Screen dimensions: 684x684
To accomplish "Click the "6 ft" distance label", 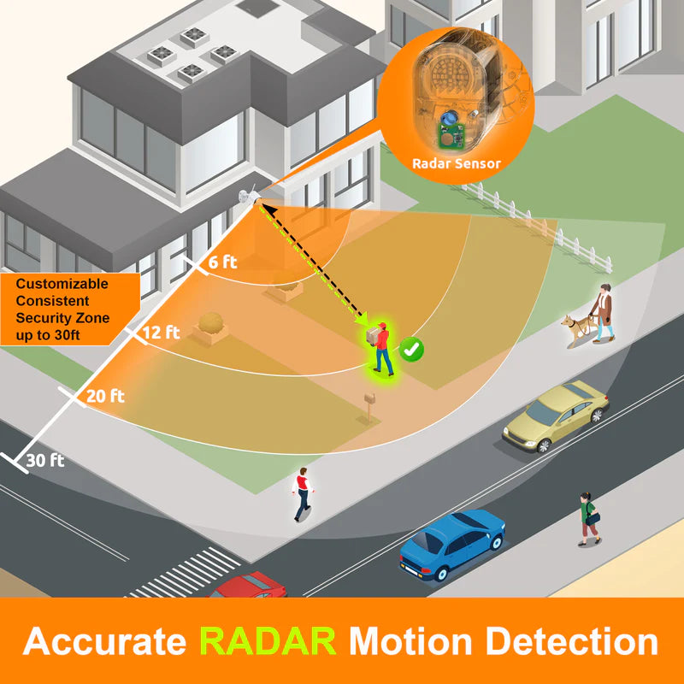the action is tap(222, 262).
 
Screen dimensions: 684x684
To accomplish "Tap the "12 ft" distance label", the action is tap(161, 333).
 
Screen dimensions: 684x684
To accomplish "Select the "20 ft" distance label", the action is tap(105, 396).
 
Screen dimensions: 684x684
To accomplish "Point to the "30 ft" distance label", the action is tap(45, 460).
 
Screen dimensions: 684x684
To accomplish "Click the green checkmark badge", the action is tap(411, 349).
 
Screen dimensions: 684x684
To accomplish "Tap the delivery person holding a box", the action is tap(380, 349).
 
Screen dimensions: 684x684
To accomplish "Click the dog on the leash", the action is tap(576, 330).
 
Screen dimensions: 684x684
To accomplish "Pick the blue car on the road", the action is tap(452, 545).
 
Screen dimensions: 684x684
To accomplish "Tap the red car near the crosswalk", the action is tap(249, 585).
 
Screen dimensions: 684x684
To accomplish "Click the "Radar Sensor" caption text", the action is tap(457, 163).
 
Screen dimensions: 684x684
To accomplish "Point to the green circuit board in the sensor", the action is tap(451, 135).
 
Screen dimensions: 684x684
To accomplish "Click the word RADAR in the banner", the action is tap(268, 641).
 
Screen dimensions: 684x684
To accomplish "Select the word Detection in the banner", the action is tap(571, 641).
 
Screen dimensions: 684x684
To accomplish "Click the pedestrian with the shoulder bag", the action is tap(589, 519).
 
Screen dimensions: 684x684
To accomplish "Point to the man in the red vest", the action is tap(303, 494).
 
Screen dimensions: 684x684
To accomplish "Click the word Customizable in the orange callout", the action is tap(62, 284).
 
